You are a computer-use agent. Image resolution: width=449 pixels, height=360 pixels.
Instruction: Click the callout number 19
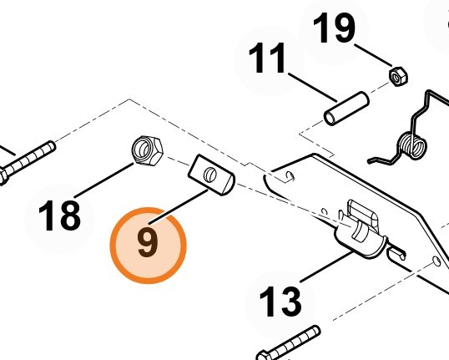pos(334,28)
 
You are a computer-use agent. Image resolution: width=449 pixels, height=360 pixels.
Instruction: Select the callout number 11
pos(267,58)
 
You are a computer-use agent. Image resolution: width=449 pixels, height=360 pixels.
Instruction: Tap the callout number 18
pos(59,215)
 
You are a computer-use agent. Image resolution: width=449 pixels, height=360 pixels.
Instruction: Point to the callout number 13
pos(280,302)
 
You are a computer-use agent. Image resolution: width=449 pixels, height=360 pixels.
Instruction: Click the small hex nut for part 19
pos(398,77)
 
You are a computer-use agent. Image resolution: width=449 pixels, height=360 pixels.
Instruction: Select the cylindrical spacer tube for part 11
pos(346,109)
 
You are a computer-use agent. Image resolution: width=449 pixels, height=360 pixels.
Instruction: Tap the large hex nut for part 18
pos(147,151)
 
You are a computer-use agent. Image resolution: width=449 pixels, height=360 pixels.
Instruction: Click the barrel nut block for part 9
pos(211,175)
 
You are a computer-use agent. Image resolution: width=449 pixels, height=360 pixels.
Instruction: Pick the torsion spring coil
pos(411,145)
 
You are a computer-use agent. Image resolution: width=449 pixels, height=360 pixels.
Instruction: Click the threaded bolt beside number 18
pos(28,164)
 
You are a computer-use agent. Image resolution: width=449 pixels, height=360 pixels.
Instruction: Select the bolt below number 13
pos(289,343)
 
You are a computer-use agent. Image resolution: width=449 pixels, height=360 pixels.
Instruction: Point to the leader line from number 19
pos(373,55)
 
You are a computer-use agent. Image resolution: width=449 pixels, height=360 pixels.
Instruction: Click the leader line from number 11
pos(312,87)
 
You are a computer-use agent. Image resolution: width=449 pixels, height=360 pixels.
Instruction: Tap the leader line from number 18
pos(103,180)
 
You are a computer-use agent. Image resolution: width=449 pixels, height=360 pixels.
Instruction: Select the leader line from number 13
pos(326,266)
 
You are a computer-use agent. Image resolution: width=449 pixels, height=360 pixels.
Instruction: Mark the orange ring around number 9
pos(148,246)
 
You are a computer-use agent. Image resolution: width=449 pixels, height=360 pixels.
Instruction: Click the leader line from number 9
pos(179,207)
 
